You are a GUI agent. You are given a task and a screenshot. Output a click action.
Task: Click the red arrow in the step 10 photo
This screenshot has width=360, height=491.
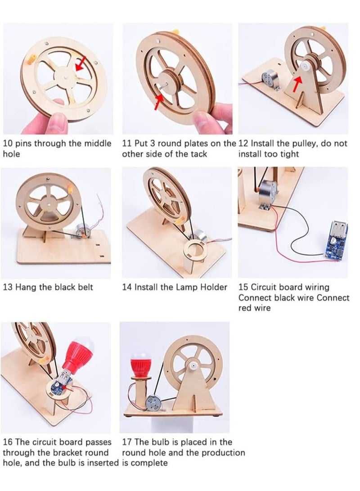81,64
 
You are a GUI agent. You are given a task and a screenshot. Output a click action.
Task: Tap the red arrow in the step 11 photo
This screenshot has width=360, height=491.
159,102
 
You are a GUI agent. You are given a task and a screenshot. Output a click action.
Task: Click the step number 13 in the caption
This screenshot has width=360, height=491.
8,287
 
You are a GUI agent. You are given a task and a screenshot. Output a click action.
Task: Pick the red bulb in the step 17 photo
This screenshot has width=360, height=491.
141,364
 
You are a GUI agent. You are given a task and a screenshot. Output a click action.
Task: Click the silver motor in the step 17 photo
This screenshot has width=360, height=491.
153,403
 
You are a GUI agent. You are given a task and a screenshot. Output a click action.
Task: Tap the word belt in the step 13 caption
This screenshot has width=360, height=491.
84,287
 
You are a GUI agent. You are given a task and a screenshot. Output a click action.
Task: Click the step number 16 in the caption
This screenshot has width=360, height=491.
8,442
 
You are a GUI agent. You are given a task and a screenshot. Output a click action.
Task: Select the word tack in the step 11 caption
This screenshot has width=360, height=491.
199,154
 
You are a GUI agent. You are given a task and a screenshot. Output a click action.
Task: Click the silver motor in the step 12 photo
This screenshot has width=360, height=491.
270,79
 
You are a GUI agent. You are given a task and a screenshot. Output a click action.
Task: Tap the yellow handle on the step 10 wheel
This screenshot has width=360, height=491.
32,59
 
